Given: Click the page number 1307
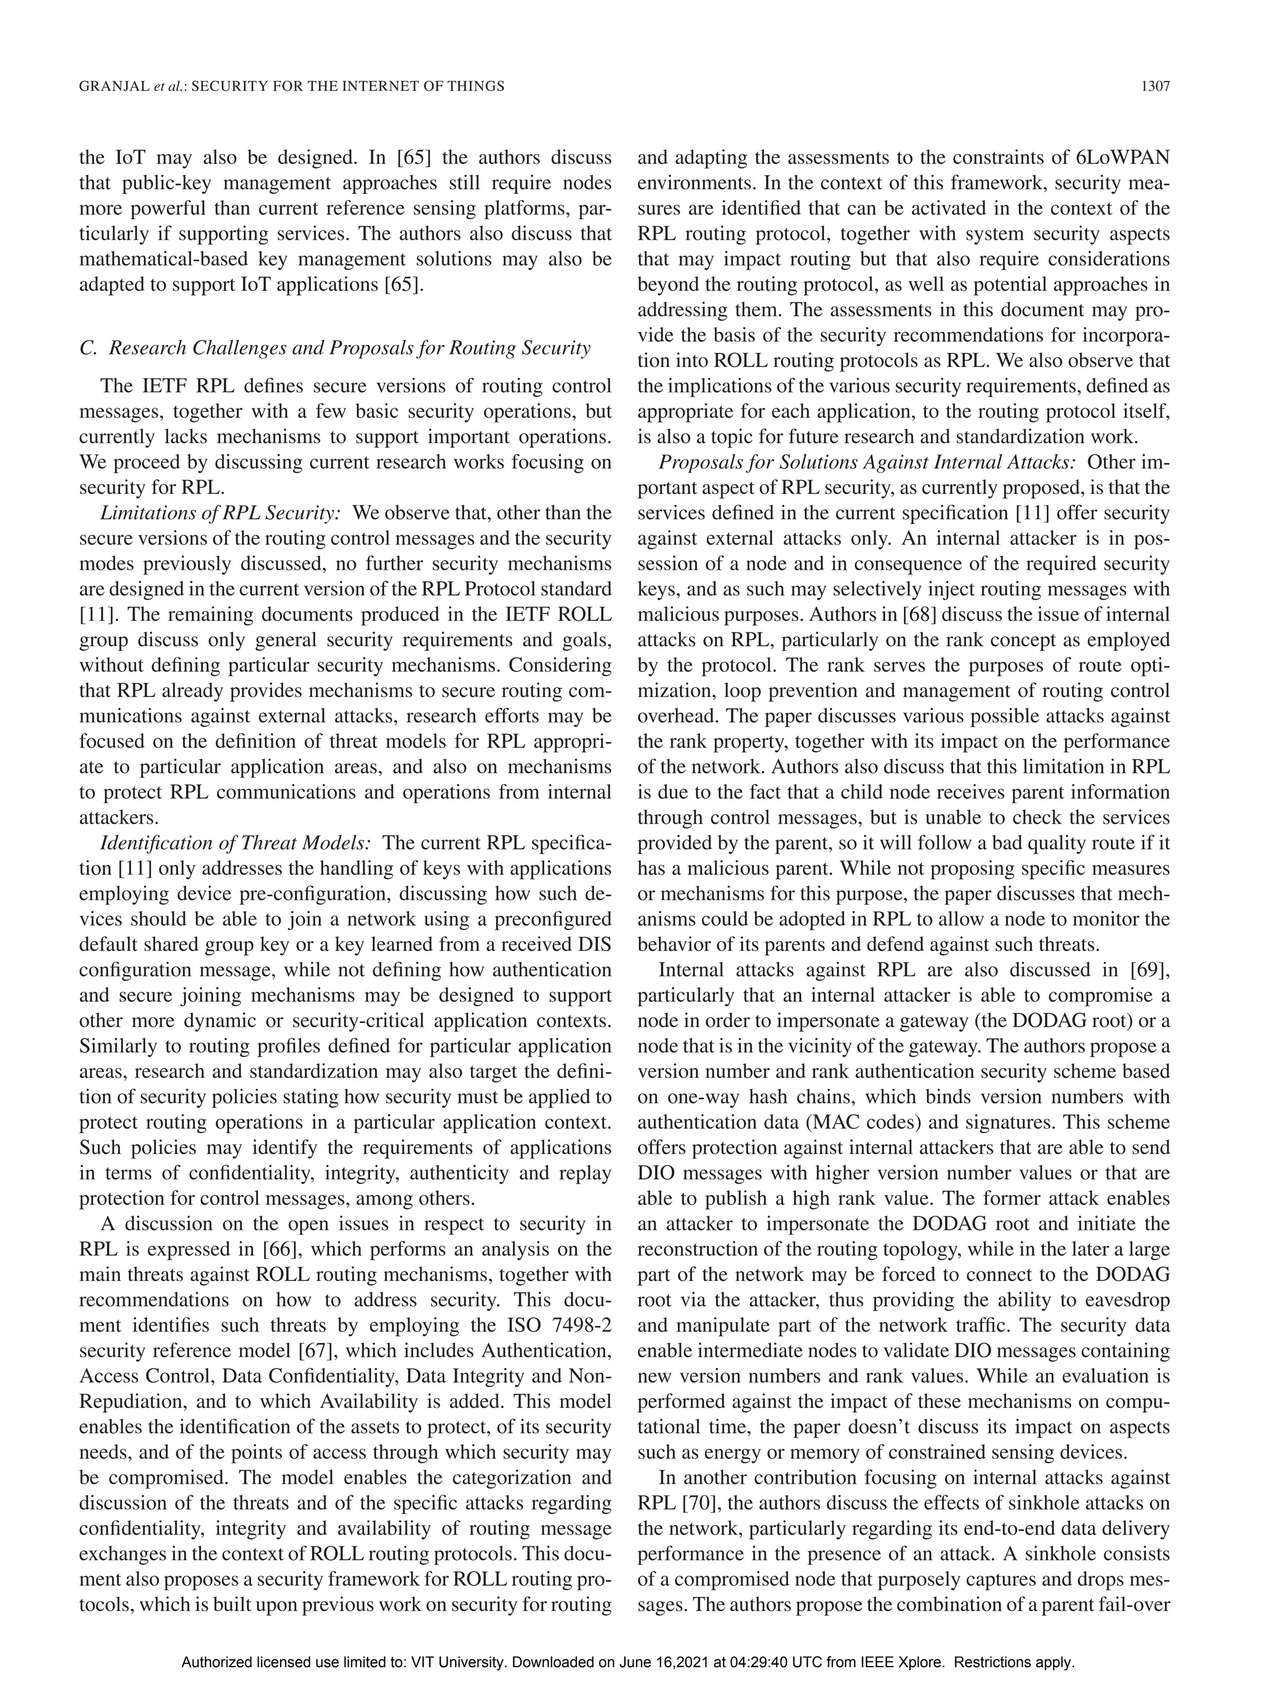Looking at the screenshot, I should pos(1154,87).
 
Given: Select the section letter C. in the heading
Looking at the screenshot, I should pos(87,348).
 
